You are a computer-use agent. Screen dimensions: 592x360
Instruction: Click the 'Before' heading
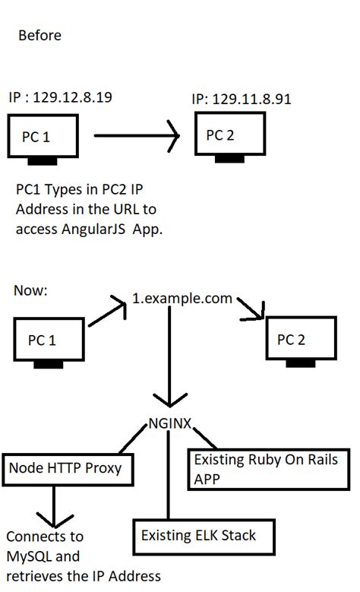tap(39, 36)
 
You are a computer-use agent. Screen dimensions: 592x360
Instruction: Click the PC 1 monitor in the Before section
tap(43, 138)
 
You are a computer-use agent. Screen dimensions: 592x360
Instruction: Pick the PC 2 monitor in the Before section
tap(228, 135)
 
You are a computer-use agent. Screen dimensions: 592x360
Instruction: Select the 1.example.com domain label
tap(182, 298)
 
